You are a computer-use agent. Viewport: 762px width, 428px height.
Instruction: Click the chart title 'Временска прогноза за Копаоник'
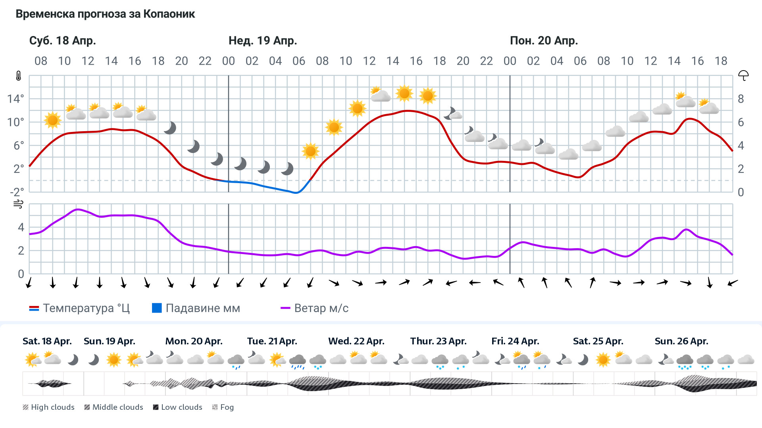105,14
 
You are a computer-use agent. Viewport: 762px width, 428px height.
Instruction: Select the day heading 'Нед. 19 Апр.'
263,41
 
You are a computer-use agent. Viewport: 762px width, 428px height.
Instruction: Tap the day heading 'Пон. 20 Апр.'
544,41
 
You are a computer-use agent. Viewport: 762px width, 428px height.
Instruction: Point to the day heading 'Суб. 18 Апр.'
63,41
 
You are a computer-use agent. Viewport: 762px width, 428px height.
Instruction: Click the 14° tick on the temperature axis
15,99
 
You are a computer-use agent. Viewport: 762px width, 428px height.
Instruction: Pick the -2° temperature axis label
17,192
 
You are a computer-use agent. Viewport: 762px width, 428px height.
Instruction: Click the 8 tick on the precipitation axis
741,99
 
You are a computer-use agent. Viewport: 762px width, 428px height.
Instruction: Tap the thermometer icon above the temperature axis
19,76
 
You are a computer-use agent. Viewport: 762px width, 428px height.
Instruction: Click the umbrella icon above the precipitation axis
743,75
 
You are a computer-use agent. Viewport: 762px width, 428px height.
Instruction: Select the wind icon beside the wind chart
18,204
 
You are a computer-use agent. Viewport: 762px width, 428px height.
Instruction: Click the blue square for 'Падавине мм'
157,308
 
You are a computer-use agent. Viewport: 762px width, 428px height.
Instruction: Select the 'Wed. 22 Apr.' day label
356,341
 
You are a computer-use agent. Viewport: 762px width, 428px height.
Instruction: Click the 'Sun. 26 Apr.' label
681,341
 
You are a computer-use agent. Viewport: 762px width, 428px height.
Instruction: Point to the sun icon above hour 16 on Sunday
404,94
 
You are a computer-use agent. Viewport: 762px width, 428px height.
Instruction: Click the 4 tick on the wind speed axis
21,227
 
